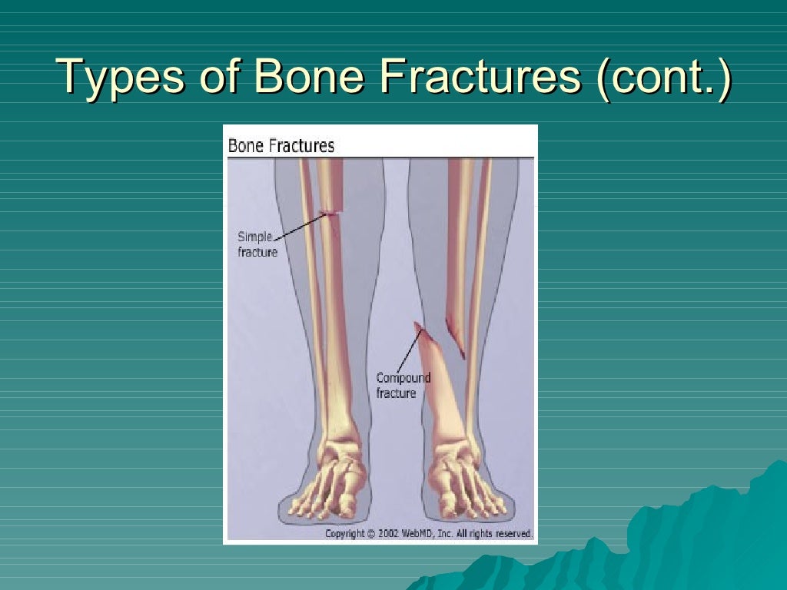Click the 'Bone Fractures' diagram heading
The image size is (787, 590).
(281, 146)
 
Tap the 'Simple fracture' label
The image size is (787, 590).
(257, 244)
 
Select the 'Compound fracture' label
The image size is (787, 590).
(403, 386)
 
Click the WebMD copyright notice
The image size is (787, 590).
(428, 533)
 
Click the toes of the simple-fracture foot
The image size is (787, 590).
(323, 504)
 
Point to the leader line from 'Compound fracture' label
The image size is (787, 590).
(409, 350)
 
